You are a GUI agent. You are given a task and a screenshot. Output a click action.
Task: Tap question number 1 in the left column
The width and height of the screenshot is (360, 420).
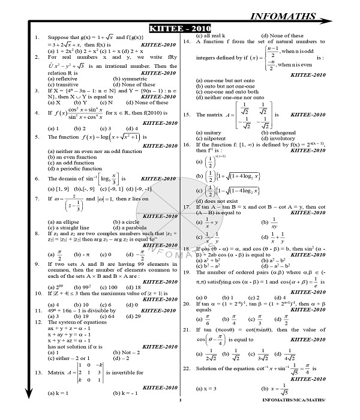[x=38, y=37]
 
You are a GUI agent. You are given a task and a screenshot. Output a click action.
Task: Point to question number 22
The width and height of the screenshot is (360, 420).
[x=187, y=368]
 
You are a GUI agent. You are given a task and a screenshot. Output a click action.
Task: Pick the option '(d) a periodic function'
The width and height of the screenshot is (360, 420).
[x=75, y=169]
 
